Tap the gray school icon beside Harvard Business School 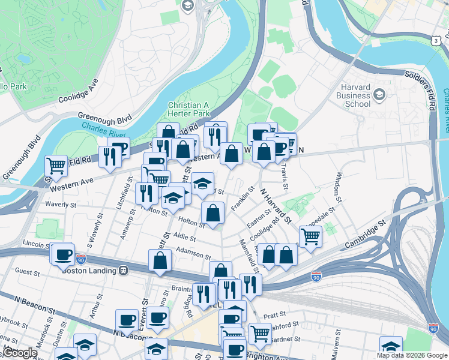[379, 95]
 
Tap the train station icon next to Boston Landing [124, 271]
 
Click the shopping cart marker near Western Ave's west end [56, 166]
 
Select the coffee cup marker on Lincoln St [62, 254]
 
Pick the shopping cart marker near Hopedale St [310, 236]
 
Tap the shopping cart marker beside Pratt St [260, 332]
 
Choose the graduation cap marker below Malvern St [391, 346]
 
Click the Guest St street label [27, 272]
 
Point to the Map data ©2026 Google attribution [411, 355]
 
